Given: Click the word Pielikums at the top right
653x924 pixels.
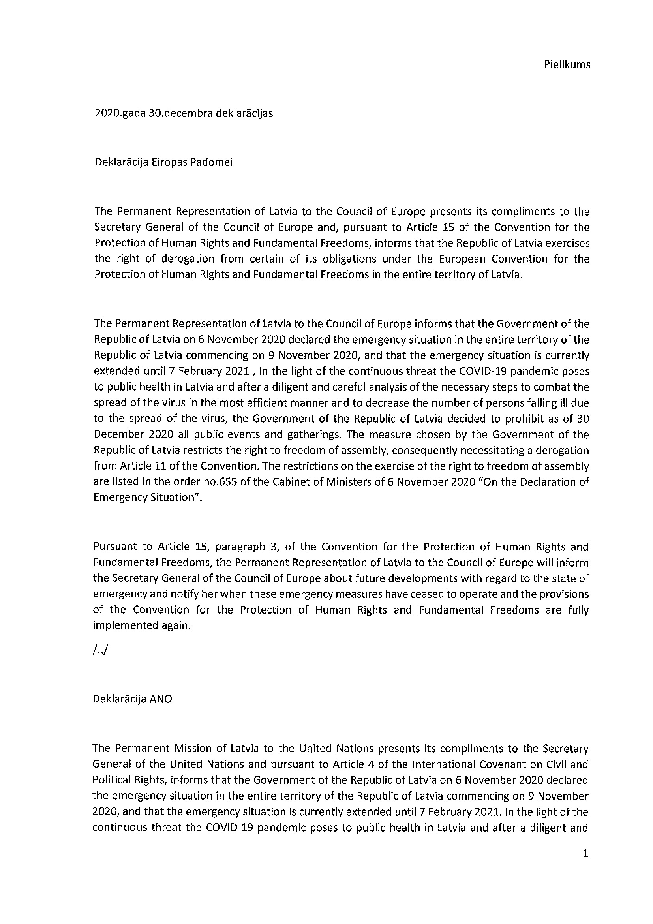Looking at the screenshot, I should point(567,65).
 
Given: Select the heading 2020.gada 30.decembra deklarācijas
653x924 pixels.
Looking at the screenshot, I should point(184,113).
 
